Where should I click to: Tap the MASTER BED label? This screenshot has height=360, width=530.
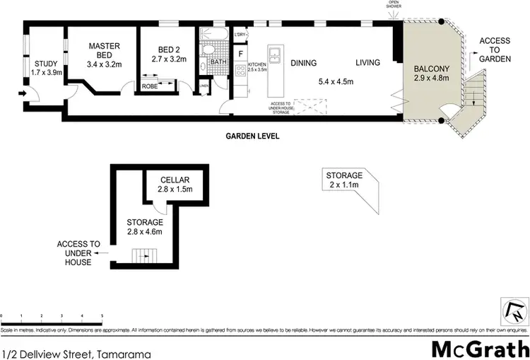(103, 47)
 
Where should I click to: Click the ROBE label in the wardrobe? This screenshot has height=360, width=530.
(151, 85)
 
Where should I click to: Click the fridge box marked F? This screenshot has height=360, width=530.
(241, 53)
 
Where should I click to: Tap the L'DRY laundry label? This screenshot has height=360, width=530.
(239, 34)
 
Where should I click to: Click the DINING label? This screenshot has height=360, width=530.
(303, 62)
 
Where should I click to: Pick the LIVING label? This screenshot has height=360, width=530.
(367, 62)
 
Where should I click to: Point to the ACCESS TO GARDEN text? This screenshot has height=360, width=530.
(495, 50)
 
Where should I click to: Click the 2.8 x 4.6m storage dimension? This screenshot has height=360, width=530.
(146, 231)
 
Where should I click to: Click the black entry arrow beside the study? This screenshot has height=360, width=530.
(23, 93)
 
